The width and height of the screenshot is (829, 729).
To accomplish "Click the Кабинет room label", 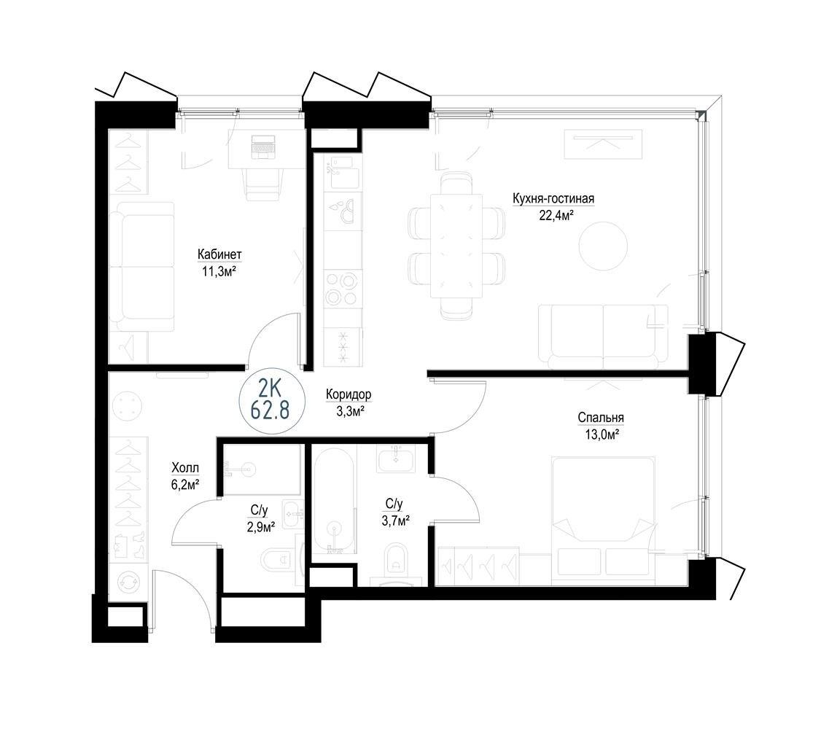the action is [219, 254].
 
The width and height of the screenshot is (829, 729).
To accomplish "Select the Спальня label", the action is [601, 418].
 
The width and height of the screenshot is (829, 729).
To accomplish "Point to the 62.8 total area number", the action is [271, 410].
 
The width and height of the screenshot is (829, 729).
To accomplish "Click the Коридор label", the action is [349, 394].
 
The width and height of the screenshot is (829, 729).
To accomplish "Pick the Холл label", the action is [185, 468].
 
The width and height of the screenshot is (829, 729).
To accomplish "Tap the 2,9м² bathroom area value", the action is [260, 527].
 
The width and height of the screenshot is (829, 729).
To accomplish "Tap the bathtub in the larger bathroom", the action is [334, 501].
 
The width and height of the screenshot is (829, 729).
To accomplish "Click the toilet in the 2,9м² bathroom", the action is [277, 558].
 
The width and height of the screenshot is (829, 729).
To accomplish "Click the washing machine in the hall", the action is [128, 582].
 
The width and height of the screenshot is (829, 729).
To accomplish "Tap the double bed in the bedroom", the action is [603, 516].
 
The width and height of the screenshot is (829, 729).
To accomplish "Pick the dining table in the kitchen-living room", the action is [456, 246].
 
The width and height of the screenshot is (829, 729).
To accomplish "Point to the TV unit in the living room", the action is [603, 144].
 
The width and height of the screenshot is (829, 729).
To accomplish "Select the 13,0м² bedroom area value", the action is [602, 434].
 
